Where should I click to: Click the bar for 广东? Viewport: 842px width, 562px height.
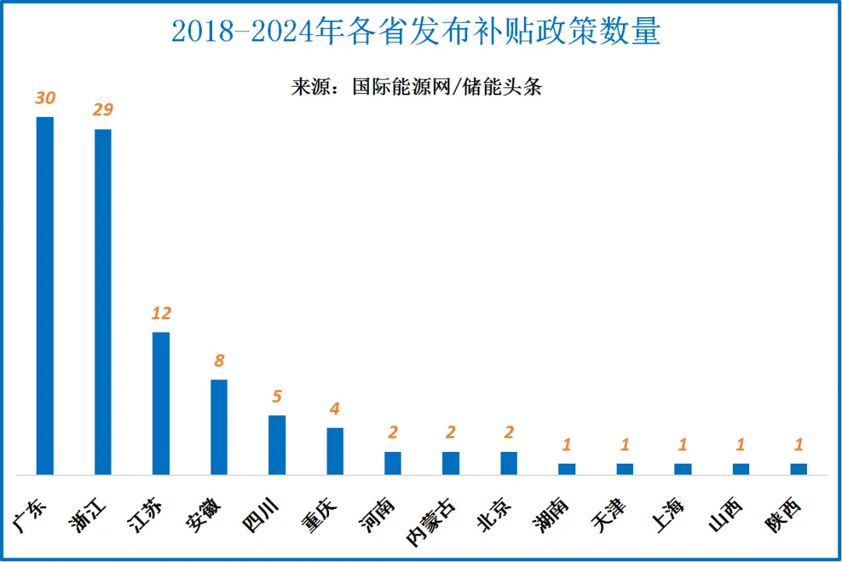(x=45, y=296)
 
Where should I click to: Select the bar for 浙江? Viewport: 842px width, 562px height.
(x=103, y=301)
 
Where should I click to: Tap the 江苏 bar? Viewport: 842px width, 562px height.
(x=161, y=404)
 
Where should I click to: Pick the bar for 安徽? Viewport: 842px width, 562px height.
(x=219, y=427)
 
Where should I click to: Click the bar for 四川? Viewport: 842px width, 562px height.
(x=277, y=445)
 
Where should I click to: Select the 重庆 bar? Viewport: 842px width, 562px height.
(x=335, y=451)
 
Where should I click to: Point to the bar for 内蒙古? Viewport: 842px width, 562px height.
(x=451, y=463)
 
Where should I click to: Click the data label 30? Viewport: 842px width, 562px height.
(x=45, y=98)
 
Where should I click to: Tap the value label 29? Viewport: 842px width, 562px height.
(x=103, y=109)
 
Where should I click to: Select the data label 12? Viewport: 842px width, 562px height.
(x=161, y=313)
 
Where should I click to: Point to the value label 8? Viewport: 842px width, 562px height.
(x=219, y=361)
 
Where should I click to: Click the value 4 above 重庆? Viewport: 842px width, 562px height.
(x=335, y=408)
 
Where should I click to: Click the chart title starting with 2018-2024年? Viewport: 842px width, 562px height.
(x=416, y=31)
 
